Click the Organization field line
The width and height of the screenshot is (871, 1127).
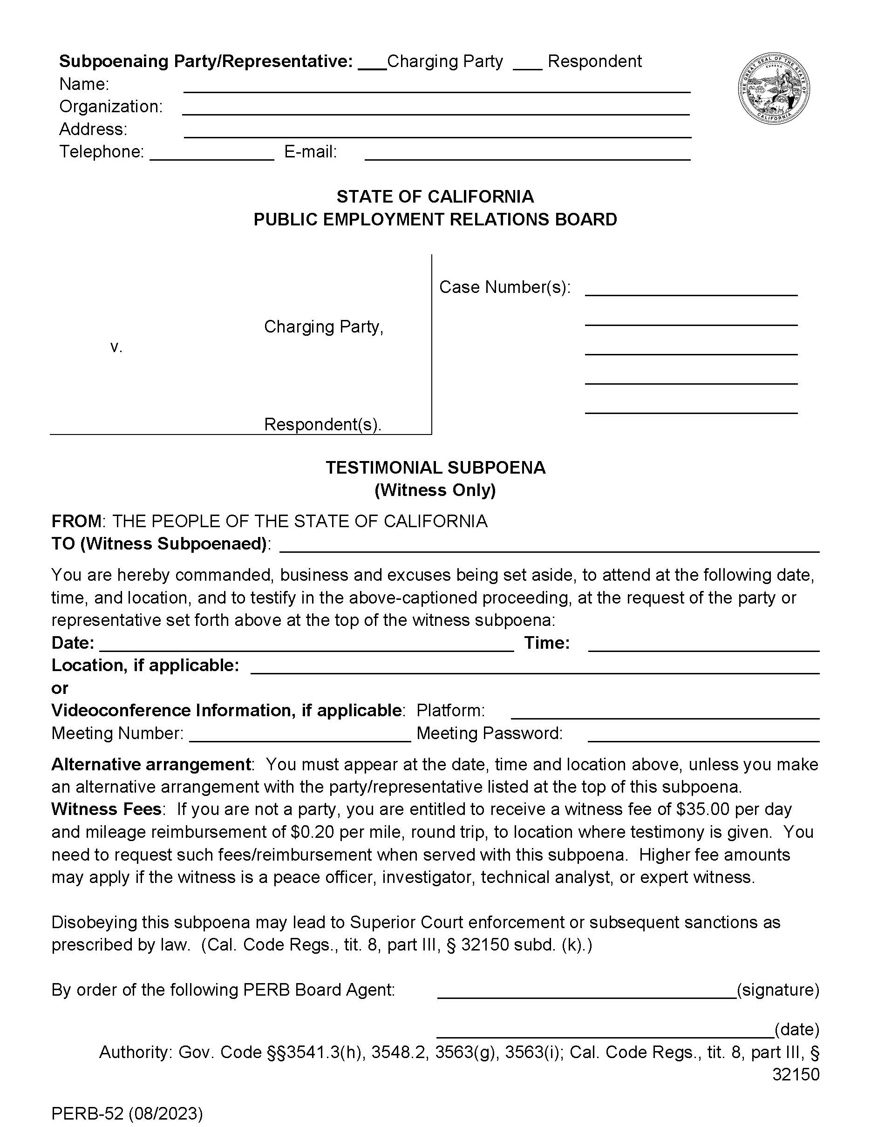(435, 113)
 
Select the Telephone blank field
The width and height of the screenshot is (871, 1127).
(211, 158)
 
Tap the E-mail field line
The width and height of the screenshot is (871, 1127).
(527, 158)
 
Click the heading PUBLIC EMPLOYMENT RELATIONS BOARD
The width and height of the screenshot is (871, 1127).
(435, 219)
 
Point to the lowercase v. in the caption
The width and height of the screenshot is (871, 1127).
(116, 347)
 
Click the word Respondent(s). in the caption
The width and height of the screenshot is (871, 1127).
(322, 424)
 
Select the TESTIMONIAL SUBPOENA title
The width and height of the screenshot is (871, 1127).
(435, 468)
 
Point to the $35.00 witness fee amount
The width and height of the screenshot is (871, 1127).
(702, 809)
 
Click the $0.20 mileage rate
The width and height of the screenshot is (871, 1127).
(316, 832)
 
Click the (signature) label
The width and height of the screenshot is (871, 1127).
(777, 990)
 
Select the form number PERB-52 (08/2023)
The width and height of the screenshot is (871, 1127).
(127, 1113)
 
